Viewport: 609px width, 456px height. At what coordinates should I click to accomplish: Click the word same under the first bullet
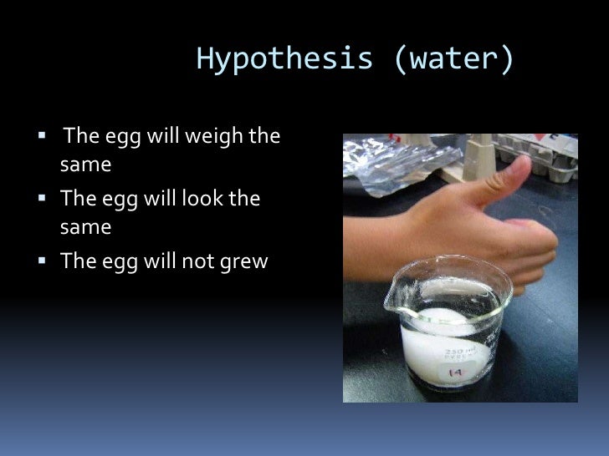point(85,165)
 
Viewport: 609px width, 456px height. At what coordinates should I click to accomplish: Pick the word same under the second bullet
point(85,227)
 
